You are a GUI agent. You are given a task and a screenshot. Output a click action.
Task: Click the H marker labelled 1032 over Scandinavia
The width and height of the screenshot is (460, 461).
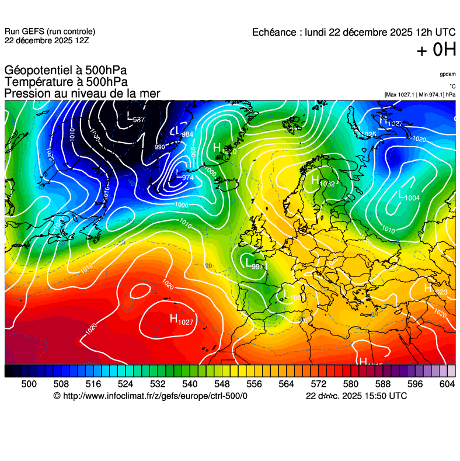click(315, 179)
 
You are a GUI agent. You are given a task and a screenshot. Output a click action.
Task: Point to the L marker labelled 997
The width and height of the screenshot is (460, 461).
click(248, 262)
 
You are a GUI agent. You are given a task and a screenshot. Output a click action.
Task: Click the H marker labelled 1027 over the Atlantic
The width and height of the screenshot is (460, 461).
click(173, 318)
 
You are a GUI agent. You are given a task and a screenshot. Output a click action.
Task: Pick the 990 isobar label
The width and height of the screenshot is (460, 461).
click(159, 147)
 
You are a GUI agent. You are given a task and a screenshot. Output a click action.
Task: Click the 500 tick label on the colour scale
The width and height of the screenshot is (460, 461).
click(29, 383)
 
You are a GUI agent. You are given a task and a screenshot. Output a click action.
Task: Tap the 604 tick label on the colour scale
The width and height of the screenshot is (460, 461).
click(447, 383)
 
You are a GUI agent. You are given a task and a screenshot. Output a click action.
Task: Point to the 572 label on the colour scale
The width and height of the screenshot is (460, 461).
click(318, 383)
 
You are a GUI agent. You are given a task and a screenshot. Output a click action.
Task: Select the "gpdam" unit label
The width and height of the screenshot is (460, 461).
click(448, 74)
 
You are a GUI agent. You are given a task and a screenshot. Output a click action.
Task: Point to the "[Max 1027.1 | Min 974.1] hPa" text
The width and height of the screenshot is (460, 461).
click(420, 95)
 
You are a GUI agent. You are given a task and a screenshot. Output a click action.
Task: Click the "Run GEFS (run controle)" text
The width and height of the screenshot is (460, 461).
click(50, 32)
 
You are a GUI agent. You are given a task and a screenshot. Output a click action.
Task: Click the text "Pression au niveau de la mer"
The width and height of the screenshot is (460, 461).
click(82, 93)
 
